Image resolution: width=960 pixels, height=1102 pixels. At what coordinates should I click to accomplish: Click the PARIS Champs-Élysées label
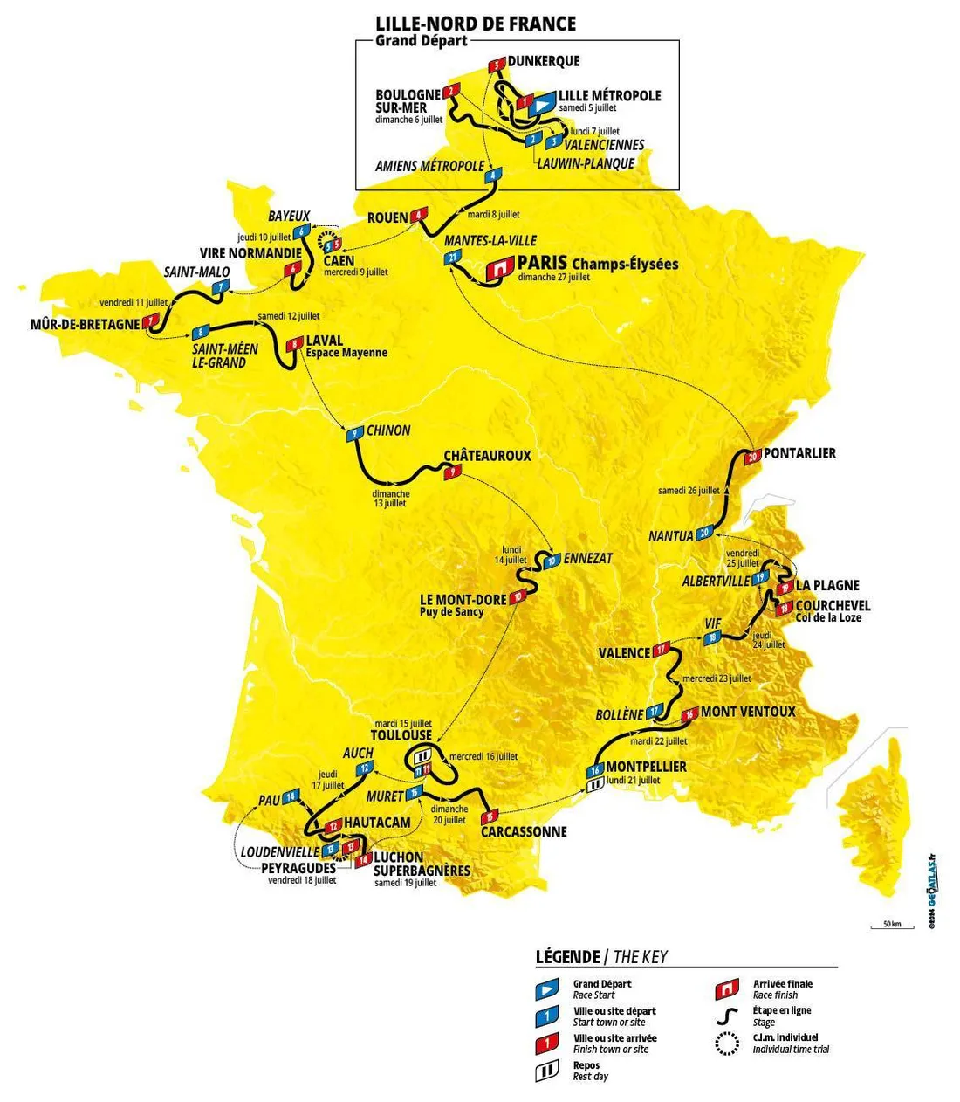(x=597, y=263)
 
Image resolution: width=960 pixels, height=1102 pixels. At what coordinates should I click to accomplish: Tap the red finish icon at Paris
(x=499, y=269)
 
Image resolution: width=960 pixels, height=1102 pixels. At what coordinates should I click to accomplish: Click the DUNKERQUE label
(x=544, y=61)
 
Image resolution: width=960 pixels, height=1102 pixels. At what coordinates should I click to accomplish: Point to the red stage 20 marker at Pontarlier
(x=753, y=457)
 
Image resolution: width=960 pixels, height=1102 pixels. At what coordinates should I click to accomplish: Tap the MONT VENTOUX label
(x=748, y=712)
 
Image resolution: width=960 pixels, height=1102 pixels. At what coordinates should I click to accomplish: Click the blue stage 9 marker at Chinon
(x=354, y=435)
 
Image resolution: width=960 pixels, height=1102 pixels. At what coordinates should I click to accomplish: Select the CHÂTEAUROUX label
(x=487, y=456)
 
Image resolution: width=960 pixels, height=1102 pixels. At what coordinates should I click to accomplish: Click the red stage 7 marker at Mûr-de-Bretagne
(x=154, y=320)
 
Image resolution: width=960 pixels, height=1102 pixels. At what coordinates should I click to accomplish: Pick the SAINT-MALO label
(x=196, y=272)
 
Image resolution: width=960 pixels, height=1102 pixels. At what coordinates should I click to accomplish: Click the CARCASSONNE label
(x=524, y=832)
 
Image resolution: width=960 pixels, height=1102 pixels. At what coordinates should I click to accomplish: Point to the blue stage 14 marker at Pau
(x=291, y=796)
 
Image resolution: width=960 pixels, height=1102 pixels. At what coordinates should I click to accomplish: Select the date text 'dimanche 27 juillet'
(x=553, y=278)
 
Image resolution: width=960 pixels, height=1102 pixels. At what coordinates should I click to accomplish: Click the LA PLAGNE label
(x=826, y=585)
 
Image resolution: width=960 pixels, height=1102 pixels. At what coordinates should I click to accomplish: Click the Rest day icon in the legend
(x=547, y=1071)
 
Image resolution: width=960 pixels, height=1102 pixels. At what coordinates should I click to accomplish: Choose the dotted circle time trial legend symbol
(x=726, y=1044)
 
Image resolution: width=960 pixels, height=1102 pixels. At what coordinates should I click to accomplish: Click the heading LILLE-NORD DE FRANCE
(x=476, y=24)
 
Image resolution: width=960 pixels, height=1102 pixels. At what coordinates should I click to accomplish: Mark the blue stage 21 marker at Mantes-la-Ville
(x=452, y=258)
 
